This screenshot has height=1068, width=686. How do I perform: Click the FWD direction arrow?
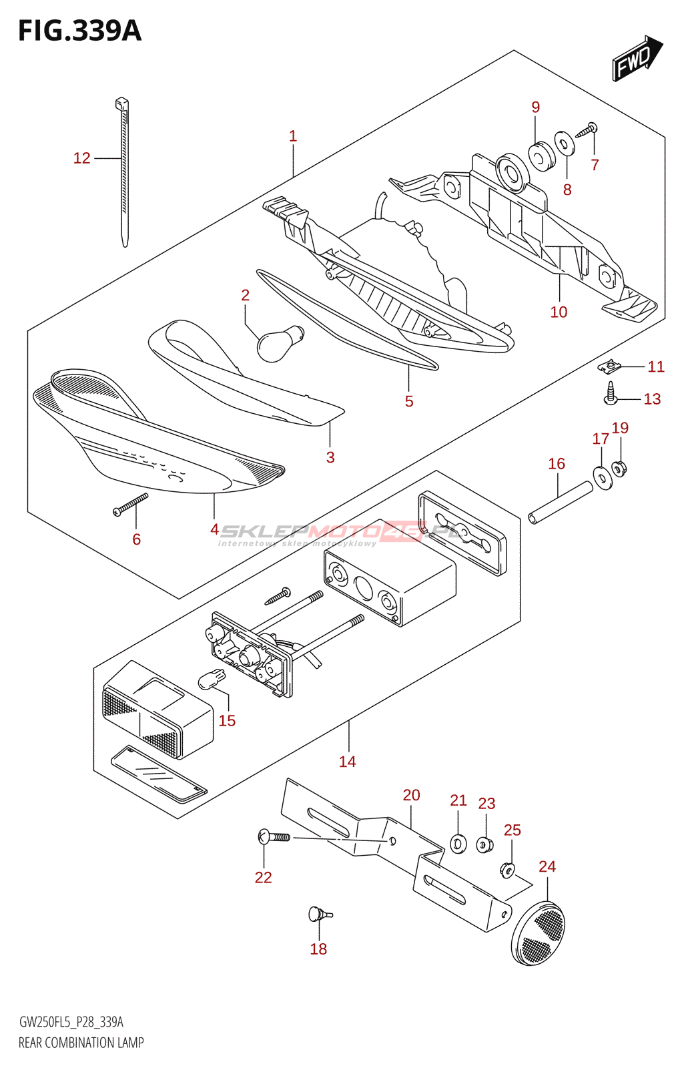[x=636, y=59]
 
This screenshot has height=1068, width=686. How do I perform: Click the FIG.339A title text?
[x=80, y=31]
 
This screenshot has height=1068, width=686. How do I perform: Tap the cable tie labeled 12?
[x=124, y=174]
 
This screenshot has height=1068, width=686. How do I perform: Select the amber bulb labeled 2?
[x=279, y=342]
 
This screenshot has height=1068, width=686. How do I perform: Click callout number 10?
[x=559, y=312]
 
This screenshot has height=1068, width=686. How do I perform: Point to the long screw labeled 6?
[x=131, y=505]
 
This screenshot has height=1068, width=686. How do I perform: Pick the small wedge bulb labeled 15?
[x=212, y=680]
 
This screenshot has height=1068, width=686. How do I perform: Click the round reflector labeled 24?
[x=539, y=933]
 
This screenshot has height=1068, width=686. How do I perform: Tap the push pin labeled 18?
[x=318, y=914]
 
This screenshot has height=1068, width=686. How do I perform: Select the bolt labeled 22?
[x=274, y=836]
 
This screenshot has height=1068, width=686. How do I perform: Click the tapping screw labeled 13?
[x=611, y=394]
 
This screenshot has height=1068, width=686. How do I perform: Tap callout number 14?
[x=347, y=762]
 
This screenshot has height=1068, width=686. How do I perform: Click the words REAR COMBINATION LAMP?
[x=81, y=1043]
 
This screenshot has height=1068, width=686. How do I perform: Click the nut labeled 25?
[x=507, y=870]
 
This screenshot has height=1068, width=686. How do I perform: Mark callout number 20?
[x=411, y=795]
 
